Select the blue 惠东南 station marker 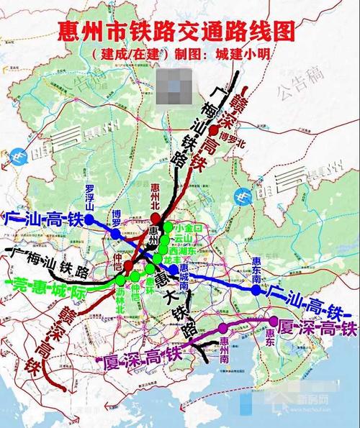coord(256,290)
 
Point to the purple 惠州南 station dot coord(221,332)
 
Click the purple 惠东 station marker coord(273,320)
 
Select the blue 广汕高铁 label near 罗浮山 coord(40,218)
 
